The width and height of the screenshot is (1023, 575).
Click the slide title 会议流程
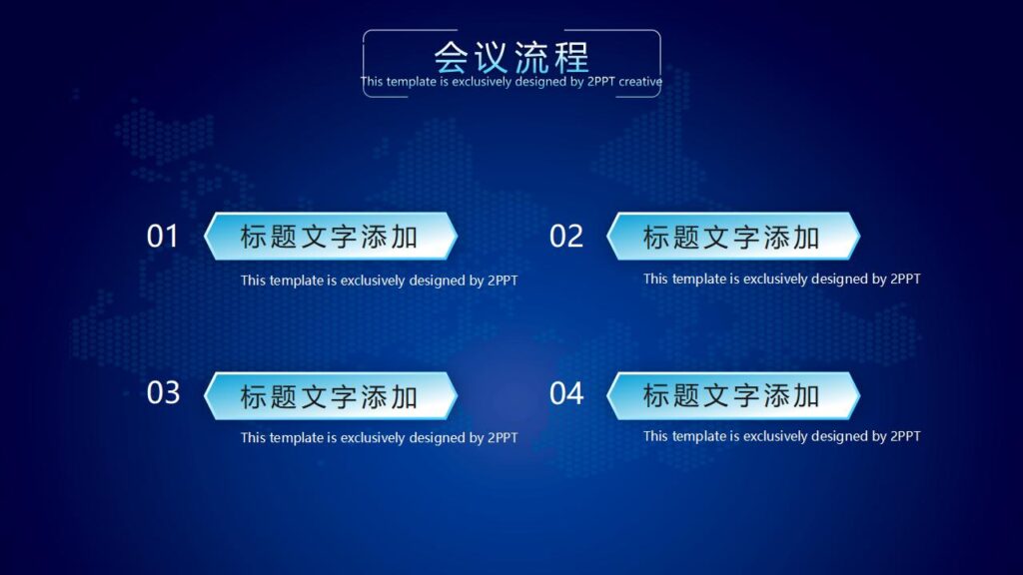[511, 56]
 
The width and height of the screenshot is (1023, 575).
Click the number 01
[163, 237]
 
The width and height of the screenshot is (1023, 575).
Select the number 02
[566, 237]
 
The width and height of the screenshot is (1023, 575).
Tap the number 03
[163, 393]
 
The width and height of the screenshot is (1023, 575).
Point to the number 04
[566, 393]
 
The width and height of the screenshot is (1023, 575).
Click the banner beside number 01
[330, 237]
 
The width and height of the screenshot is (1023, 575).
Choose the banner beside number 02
[732, 237]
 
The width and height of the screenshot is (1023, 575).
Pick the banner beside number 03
[330, 396]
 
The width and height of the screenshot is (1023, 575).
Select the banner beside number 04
[732, 395]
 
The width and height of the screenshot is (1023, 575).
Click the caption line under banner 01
[379, 281]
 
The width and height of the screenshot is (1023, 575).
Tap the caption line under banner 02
[781, 280]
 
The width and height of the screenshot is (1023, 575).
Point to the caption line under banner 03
[379, 438]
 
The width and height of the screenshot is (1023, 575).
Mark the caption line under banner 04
[781, 436]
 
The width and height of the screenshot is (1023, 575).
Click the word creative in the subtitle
[639, 82]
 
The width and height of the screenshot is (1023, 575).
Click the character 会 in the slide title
[452, 56]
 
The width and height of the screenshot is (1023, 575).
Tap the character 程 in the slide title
[571, 56]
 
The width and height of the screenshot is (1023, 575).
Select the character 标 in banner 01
[255, 238]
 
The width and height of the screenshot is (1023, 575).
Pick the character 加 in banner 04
[806, 395]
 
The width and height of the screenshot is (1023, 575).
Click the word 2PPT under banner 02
[905, 280]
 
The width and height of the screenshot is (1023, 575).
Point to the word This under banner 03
[253, 438]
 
